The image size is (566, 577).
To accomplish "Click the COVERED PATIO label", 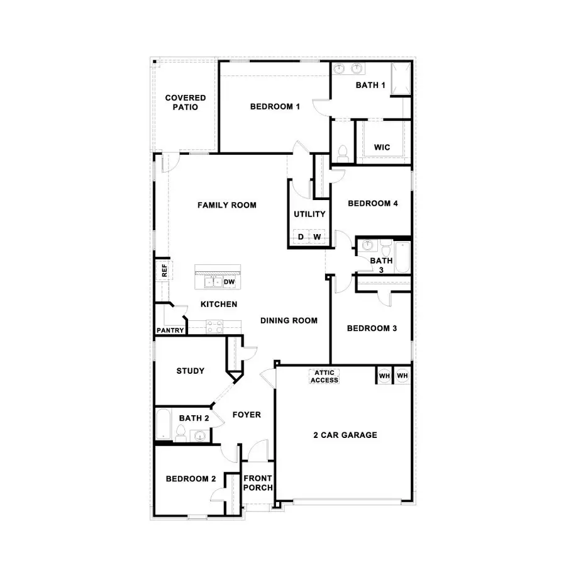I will [x=186, y=103].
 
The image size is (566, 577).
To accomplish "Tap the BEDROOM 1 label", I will [x=275, y=106].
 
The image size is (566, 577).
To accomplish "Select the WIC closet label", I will [x=382, y=147].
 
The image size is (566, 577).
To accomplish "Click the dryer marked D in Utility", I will [x=301, y=237].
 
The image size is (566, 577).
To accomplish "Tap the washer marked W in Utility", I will [x=318, y=237].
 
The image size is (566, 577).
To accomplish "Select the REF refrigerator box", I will [x=164, y=271].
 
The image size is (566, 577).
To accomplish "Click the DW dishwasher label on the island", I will [x=230, y=282].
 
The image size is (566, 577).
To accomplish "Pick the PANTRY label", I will [x=170, y=330].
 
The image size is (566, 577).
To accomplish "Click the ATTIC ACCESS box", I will [x=325, y=376].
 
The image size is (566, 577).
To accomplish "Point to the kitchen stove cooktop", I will [x=214, y=327].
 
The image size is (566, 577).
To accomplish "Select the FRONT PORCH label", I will [x=258, y=483].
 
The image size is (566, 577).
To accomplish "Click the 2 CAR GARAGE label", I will [x=345, y=435].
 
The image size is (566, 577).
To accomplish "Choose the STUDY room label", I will [x=190, y=371].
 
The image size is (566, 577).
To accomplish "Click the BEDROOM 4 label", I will [x=372, y=203].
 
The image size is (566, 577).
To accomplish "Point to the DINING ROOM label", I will [x=289, y=320].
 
